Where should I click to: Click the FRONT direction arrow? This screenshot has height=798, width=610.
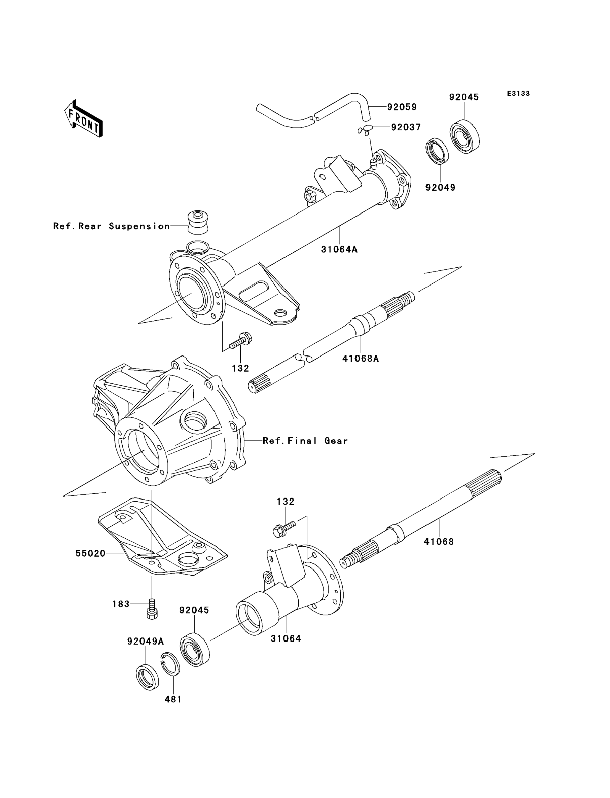[x=83, y=119]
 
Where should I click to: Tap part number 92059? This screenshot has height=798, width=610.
[x=402, y=107]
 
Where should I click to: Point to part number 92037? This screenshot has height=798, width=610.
[x=406, y=127]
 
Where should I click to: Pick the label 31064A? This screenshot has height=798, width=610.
[x=339, y=249]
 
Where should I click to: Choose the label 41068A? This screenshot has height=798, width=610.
[x=360, y=359]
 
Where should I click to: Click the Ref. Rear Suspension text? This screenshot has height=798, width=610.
[x=111, y=226]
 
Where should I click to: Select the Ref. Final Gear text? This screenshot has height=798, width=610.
[x=305, y=441]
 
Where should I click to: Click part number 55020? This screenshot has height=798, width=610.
[x=90, y=553]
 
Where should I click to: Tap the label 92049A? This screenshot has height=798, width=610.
[x=145, y=642]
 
